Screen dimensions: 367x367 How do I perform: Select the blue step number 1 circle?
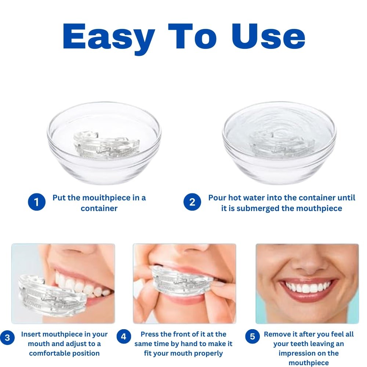click(37, 202)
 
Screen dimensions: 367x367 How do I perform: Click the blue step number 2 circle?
click(192, 202)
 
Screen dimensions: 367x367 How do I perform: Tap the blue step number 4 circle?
click(124, 336)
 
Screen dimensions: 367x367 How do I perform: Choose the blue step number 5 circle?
click(252, 336)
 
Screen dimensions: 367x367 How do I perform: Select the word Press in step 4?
click(151, 334)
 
